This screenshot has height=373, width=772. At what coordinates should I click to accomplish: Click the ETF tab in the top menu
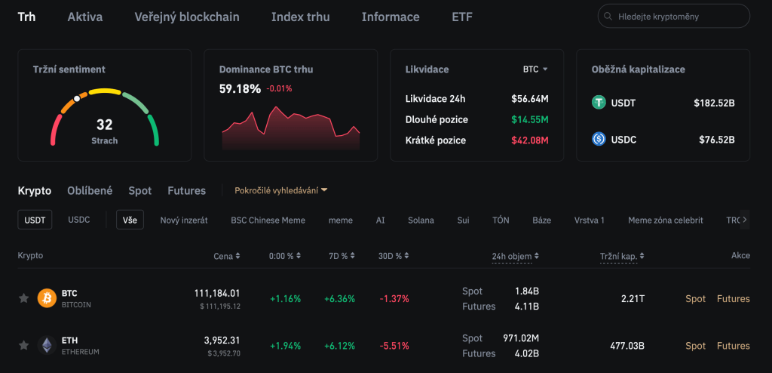point(462,17)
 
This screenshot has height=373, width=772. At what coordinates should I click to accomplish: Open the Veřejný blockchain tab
point(187,17)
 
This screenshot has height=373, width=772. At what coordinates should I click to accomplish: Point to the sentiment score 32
point(104,125)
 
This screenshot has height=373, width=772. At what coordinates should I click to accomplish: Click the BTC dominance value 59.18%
point(239,88)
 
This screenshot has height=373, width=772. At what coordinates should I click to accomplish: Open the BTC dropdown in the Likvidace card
point(535,69)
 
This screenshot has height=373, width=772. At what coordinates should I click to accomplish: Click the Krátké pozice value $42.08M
point(529,140)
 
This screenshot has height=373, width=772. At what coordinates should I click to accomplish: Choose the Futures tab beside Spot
point(186,191)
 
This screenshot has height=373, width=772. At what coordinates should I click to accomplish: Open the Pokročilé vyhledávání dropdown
point(281,191)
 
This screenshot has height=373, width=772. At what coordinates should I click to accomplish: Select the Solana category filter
point(421,220)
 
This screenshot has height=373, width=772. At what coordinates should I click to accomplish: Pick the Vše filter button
point(130,220)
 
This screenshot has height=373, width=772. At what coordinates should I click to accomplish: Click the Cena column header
point(226,256)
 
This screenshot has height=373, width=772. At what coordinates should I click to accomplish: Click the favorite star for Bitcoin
point(23,298)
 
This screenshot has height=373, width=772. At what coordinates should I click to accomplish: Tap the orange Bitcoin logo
point(47,298)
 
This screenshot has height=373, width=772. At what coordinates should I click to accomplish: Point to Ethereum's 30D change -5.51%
point(394,346)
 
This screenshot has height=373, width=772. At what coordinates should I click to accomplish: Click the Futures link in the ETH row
point(733,346)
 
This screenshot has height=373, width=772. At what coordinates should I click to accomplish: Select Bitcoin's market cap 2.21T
point(633,299)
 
